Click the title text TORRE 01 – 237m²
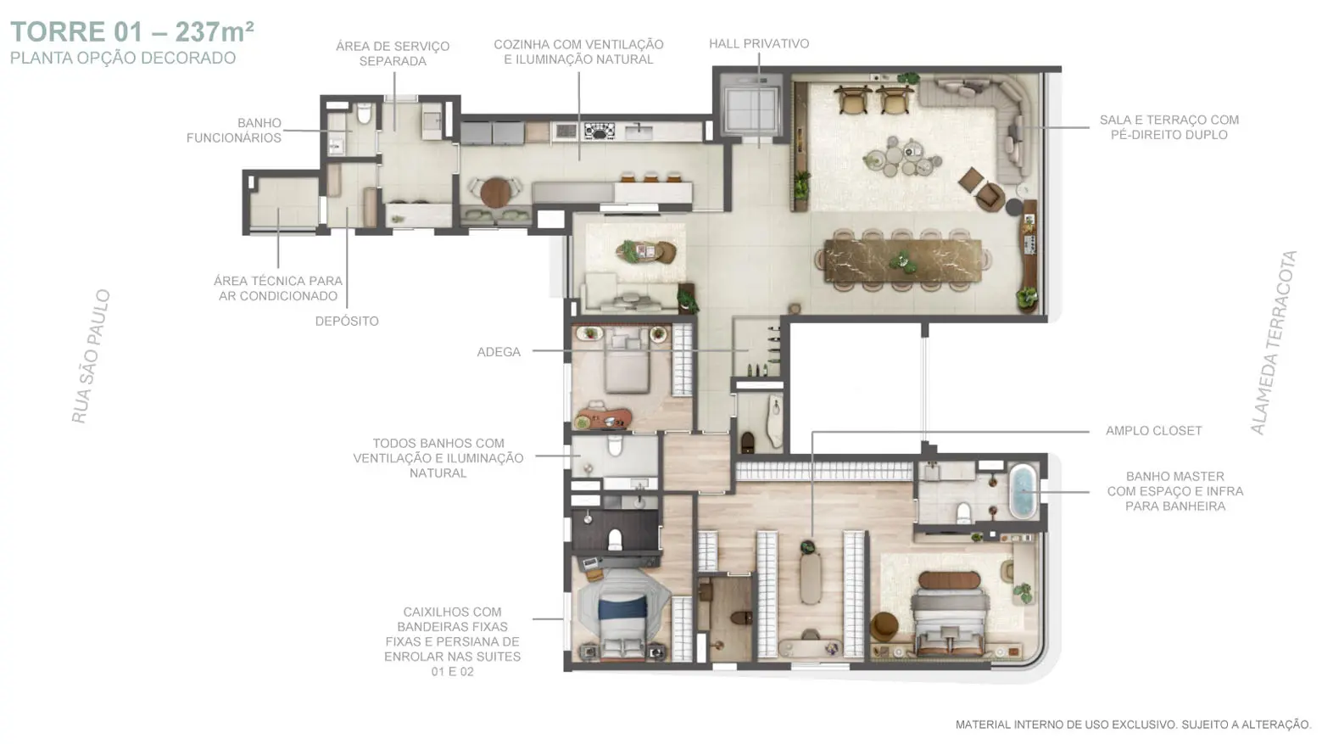click(132, 32)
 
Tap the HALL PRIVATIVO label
click(759, 44)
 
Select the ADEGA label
click(499, 352)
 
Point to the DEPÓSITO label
click(347, 322)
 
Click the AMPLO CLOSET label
click(1154, 431)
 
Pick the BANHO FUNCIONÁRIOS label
click(234, 131)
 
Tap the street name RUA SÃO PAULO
click(91, 356)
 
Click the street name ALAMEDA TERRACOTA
click(1275, 343)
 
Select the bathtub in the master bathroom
click(1023, 491)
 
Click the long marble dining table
click(904, 260)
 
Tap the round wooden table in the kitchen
click(496, 192)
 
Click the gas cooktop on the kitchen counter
click(599, 131)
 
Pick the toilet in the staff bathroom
click(364, 113)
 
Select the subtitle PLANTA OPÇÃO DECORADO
click(123, 58)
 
